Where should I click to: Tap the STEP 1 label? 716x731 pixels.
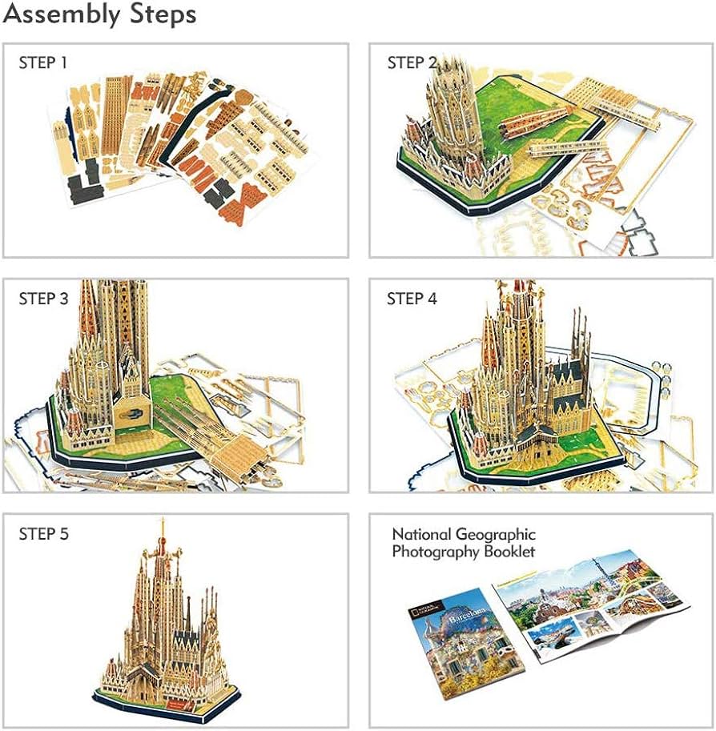pyautogui.click(x=43, y=63)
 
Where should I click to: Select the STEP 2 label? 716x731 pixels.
pyautogui.click(x=412, y=63)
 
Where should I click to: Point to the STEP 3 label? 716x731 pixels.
pyautogui.click(x=43, y=299)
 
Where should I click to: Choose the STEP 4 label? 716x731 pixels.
pyautogui.click(x=412, y=299)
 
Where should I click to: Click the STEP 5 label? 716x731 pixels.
pyautogui.click(x=43, y=534)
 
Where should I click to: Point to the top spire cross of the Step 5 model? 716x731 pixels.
pyautogui.click(x=163, y=524)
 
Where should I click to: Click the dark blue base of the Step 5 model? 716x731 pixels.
pyautogui.click(x=160, y=702)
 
